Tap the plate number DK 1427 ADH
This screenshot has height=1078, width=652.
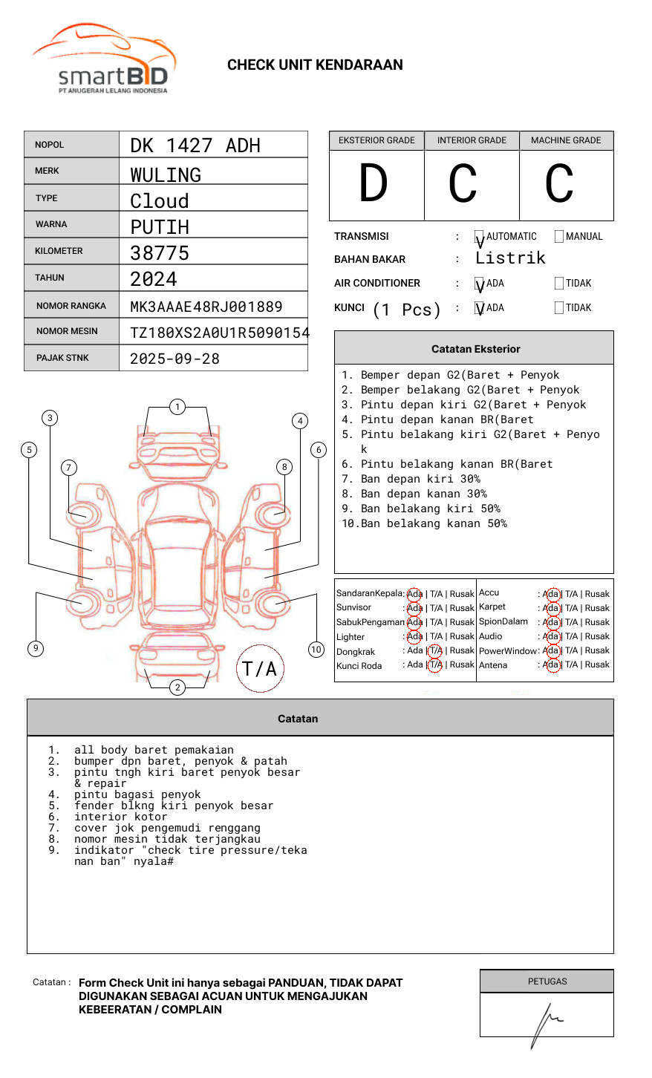pyautogui.click(x=195, y=146)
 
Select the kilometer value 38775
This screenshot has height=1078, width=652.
pyautogui.click(x=160, y=253)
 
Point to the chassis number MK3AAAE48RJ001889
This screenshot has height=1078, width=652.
pyautogui.click(x=206, y=307)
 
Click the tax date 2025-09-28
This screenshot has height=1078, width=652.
pyautogui.click(x=175, y=359)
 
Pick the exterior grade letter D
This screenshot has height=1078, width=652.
pyautogui.click(x=374, y=184)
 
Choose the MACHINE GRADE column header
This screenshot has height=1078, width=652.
pyautogui.click(x=566, y=140)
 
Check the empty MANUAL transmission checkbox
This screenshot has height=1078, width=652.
pyautogui.click(x=559, y=237)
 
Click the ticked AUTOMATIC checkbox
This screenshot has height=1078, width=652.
pyautogui.click(x=479, y=238)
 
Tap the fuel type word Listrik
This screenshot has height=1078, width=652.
pyautogui.click(x=510, y=258)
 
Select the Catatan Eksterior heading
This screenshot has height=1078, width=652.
pyautogui.click(x=475, y=349)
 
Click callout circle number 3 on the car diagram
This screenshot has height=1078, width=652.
pyautogui.click(x=50, y=418)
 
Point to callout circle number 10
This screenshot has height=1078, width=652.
pyautogui.click(x=316, y=650)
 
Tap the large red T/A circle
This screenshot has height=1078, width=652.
pyautogui.click(x=260, y=669)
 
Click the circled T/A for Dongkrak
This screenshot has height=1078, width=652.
pyautogui.click(x=435, y=651)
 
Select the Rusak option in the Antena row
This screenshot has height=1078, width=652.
pyautogui.click(x=597, y=665)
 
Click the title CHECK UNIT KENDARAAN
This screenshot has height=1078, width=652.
pyautogui.click(x=315, y=65)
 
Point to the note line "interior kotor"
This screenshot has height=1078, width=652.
pyautogui.click(x=120, y=817)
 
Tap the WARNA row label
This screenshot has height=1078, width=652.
pyautogui.click(x=51, y=224)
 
